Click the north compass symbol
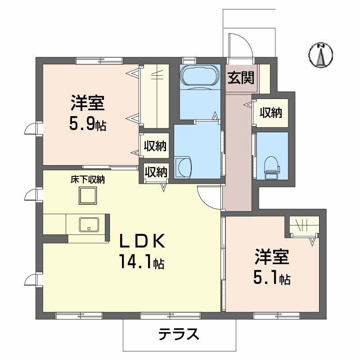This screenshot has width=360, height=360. pos(321,55)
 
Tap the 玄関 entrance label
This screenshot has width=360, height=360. pos(240,78)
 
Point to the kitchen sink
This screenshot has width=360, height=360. pos(89,224)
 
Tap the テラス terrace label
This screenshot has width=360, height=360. pos(179,334)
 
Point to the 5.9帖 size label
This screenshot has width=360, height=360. pos(87,124)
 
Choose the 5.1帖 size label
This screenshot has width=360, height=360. pos(271,279)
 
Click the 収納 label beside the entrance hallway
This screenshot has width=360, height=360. pos(270,113)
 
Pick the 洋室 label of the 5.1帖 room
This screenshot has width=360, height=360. pos(271,258)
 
